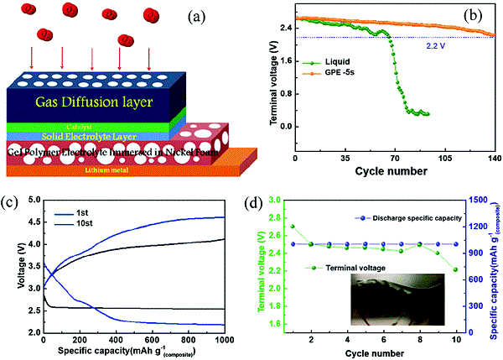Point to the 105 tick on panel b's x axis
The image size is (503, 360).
445,158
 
